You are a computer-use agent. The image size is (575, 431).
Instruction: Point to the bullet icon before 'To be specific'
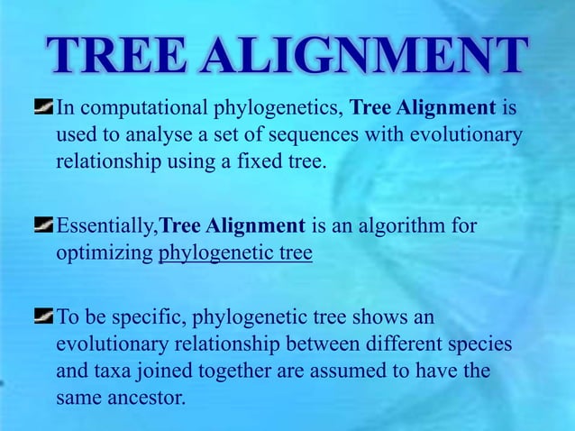pyautogui.click(x=43, y=316)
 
